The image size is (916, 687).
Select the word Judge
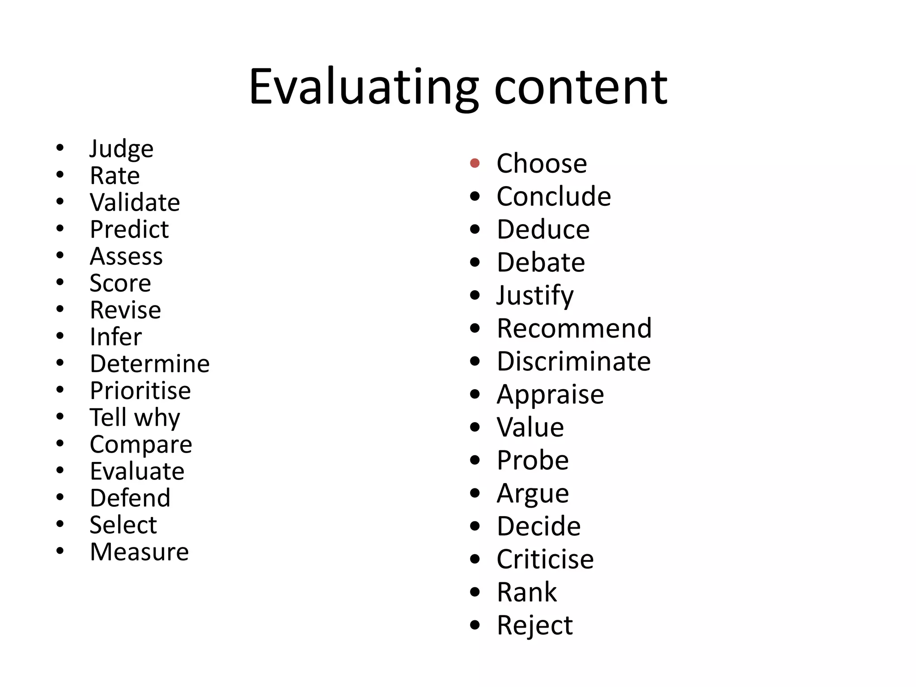click(x=121, y=149)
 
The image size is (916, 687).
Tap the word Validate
click(x=135, y=203)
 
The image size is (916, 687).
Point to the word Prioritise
click(x=140, y=390)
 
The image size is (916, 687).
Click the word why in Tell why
click(x=157, y=418)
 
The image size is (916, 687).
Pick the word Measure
click(x=139, y=552)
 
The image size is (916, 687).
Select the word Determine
click(x=149, y=364)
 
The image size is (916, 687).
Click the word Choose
click(x=541, y=164)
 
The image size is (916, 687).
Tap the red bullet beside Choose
click(x=475, y=163)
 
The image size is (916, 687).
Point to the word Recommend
click(x=574, y=328)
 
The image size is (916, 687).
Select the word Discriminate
click(x=573, y=361)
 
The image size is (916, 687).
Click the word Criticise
click(x=545, y=559)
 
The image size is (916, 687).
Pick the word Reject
click(x=534, y=625)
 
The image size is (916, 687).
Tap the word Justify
click(x=535, y=296)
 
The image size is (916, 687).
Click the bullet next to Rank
click(x=475, y=592)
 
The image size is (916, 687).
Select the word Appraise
click(x=550, y=394)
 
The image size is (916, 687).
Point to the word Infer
click(x=115, y=337)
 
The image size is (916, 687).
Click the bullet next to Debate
click(x=475, y=262)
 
